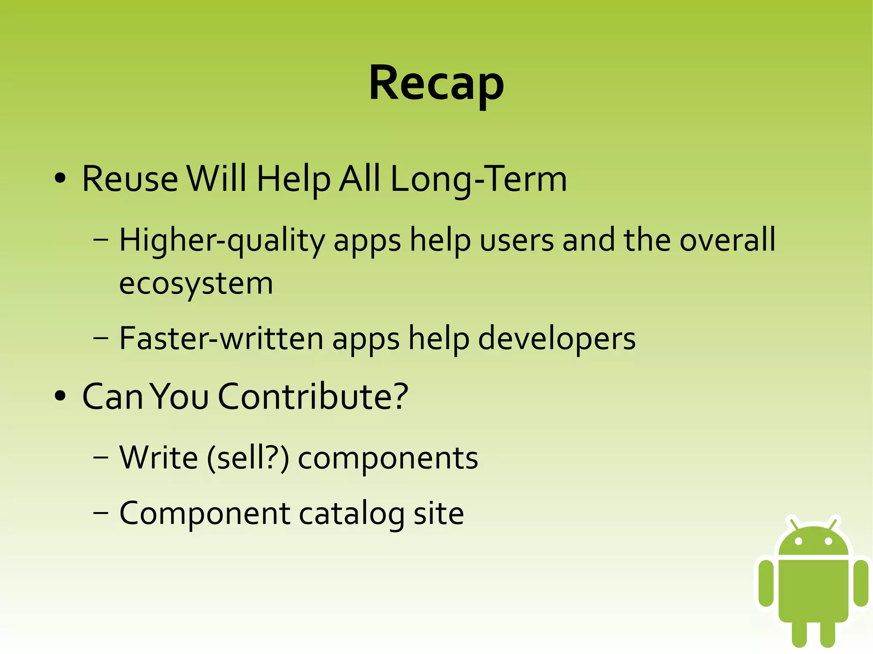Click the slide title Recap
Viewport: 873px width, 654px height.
tap(436, 83)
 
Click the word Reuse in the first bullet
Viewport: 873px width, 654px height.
tap(130, 179)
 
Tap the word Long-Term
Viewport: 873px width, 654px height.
tap(478, 179)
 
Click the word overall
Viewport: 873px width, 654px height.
tap(727, 240)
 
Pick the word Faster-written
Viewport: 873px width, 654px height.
tap(221, 339)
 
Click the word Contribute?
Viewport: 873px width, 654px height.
tap(313, 397)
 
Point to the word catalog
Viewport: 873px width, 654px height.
tap(352, 514)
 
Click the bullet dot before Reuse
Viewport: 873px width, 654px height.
tap(60, 179)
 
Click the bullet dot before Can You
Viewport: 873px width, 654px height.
tap(60, 396)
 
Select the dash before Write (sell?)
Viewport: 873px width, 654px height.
tap(101, 458)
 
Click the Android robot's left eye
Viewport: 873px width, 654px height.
tap(799, 542)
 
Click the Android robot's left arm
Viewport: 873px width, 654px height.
tap(766, 582)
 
